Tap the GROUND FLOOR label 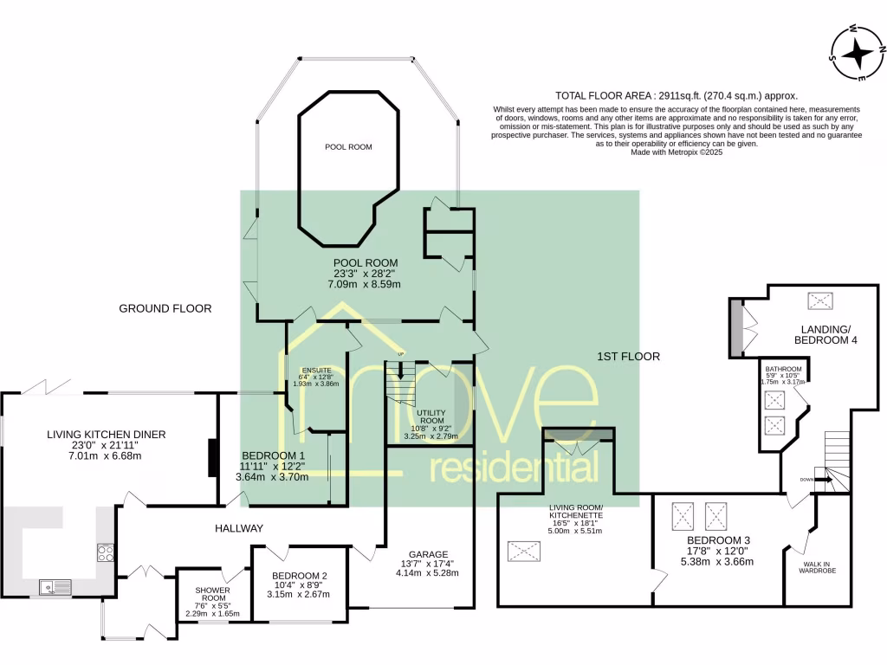point(165,308)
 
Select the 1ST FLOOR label point(628,356)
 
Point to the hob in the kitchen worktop point(106,552)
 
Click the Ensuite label point(311,370)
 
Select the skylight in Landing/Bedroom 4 point(819,300)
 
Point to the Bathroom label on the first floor point(782,369)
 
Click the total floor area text point(675,96)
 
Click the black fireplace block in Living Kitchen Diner point(211,458)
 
